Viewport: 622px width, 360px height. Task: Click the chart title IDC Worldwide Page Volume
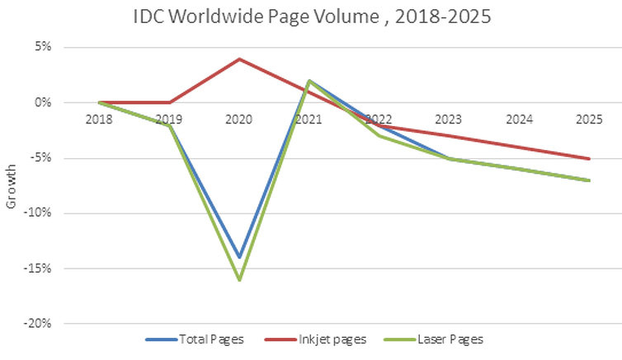311,16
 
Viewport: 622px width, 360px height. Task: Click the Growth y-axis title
11,189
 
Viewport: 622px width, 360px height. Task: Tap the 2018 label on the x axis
100,119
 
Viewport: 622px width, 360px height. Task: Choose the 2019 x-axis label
170,119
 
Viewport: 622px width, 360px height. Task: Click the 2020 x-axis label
239,119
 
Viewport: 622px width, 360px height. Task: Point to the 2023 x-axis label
450,119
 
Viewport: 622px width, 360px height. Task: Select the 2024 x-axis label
520,119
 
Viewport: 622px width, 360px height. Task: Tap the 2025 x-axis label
589,119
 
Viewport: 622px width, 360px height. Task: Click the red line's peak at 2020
239,58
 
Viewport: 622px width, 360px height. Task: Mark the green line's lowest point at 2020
239,280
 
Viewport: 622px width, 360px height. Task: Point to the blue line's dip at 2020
239,257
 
